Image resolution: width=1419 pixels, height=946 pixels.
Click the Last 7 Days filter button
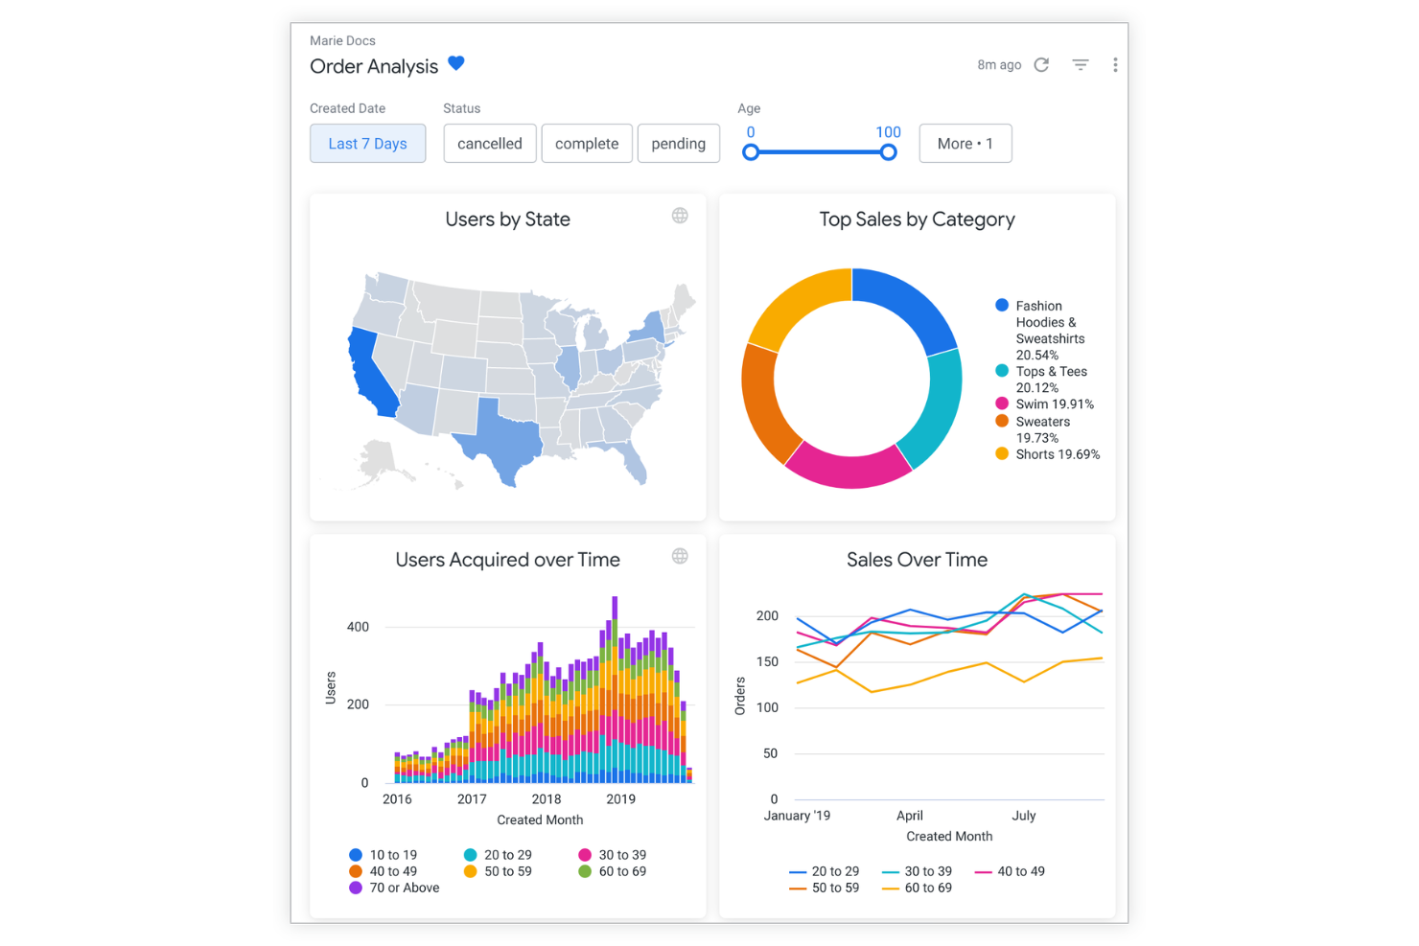click(x=367, y=144)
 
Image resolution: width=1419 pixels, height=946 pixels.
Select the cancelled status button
click(x=489, y=144)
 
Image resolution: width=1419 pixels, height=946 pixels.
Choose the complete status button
click(x=586, y=144)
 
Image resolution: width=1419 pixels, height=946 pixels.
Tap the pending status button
click(x=678, y=144)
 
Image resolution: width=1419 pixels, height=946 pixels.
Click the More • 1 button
click(x=965, y=144)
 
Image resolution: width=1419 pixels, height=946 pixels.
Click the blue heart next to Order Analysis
click(x=456, y=64)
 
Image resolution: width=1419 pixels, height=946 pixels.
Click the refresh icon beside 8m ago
click(x=1041, y=65)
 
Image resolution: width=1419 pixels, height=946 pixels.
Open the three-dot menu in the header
click(x=1114, y=65)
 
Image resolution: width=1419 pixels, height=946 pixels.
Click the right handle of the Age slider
click(x=888, y=152)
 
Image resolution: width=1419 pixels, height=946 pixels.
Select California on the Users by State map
click(x=371, y=374)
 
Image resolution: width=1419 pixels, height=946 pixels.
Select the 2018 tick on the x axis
click(x=546, y=799)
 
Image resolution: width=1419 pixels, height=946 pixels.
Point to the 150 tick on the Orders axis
click(x=767, y=662)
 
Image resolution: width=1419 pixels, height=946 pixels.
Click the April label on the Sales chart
click(x=909, y=816)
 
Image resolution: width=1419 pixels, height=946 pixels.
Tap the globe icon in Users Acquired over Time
click(x=680, y=556)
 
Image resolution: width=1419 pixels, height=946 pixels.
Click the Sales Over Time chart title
click(x=917, y=560)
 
